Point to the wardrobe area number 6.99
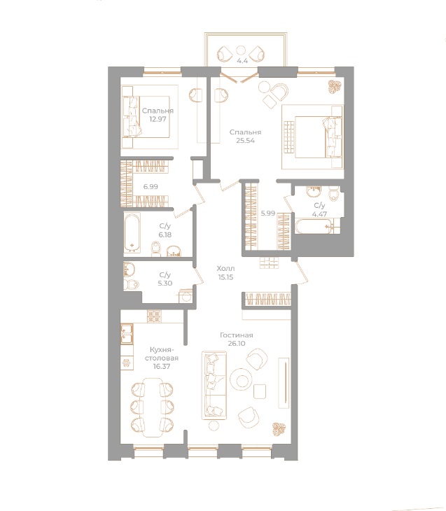[150, 187]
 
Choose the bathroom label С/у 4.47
[319, 209]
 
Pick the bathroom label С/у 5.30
[165, 279]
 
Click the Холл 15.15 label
[225, 272]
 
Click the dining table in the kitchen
[148, 407]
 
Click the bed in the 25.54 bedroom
[312, 137]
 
